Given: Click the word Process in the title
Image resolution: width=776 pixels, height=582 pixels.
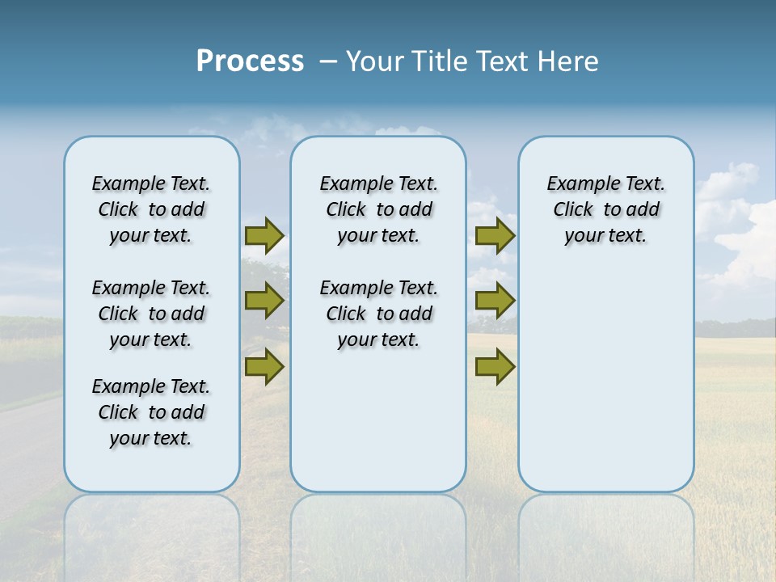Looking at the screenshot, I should pos(250,61).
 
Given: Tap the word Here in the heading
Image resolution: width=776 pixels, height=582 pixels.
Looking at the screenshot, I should pos(568,61).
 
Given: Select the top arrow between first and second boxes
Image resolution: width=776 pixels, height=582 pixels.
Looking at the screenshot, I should pos(264,236).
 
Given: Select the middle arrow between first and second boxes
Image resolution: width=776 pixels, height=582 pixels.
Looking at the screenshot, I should pos(264,301).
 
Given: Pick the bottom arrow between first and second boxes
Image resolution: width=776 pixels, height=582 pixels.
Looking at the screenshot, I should pos(264,367).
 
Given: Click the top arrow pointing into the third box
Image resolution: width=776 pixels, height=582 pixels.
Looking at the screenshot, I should pos(495,236).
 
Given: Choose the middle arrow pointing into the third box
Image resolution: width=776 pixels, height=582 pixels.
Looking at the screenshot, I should pos(495,301).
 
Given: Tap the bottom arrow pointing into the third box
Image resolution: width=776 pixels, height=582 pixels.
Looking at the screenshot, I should pos(495,367).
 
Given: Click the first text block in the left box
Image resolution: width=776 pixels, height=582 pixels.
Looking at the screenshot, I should pos(151,209).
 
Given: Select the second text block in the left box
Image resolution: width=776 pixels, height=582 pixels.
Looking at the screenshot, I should pos(151,314).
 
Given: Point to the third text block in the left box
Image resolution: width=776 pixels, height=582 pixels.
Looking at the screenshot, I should pos(151,412).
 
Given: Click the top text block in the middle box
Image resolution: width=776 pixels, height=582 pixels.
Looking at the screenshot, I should pos(378,209).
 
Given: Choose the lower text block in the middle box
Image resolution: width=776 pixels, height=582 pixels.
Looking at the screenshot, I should pos(378,314).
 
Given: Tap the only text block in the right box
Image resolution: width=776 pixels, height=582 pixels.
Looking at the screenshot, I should pos(605,209).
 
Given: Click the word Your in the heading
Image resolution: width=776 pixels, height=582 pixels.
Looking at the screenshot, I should pos(376,61).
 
